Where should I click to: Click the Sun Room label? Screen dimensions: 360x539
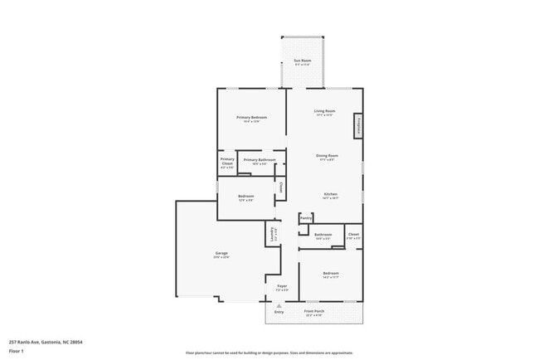tap(302, 61)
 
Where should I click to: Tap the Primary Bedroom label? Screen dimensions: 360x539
tap(251, 118)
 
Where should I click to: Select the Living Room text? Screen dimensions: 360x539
tap(324, 110)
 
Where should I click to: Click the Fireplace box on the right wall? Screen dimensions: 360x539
tap(358, 124)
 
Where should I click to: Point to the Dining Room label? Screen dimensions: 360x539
tap(327, 155)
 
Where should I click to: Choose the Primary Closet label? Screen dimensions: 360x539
tap(226, 163)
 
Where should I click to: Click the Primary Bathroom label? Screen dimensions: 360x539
tap(260, 159)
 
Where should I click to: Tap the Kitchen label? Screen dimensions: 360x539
tap(330, 194)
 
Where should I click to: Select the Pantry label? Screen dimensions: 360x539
tap(306, 217)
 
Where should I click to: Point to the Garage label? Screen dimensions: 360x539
tap(221, 253)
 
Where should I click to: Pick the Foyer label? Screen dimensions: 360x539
tap(282, 286)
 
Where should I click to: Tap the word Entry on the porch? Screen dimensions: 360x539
tap(268, 312)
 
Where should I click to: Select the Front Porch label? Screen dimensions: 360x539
tap(314, 311)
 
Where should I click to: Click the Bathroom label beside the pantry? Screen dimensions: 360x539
tap(323, 235)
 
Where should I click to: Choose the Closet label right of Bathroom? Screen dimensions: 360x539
tap(353, 235)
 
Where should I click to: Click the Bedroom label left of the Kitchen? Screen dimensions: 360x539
tap(245, 196)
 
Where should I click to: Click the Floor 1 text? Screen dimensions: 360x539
tap(17, 350)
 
